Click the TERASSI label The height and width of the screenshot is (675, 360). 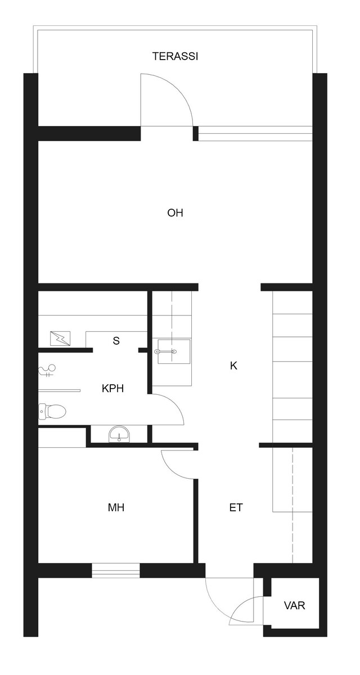175,56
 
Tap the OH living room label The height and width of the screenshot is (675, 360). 175,213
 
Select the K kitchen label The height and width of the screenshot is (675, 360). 233,366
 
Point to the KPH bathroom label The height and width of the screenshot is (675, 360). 112,389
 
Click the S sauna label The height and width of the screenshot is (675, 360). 116,341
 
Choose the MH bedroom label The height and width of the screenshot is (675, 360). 116,508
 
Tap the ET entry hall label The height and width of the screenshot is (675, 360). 236,508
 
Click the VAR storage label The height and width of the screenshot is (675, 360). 294,605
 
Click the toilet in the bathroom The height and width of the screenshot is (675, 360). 52,411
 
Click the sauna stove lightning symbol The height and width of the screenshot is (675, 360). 60,339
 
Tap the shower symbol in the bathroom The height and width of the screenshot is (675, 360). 48,371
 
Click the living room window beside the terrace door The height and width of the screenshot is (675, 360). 255,133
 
